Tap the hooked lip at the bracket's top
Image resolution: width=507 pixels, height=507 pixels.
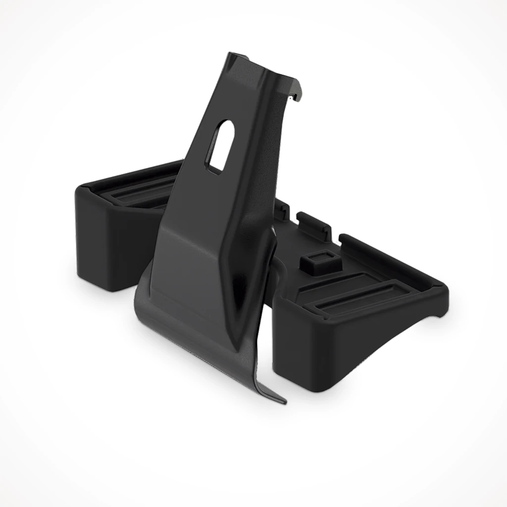point(296,94)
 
